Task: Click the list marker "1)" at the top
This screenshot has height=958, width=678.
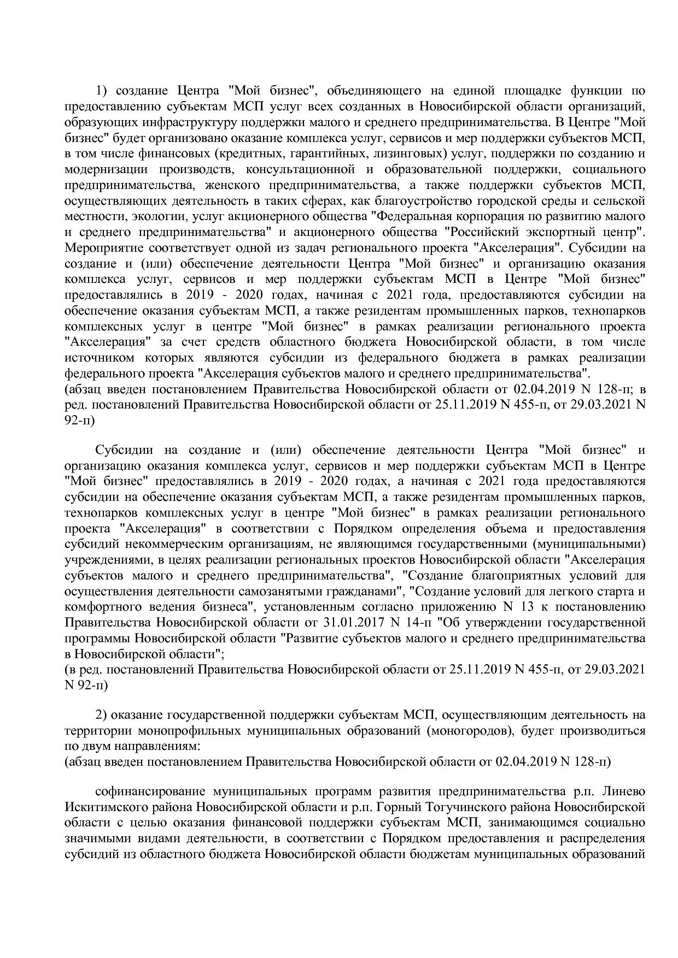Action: coord(104,90)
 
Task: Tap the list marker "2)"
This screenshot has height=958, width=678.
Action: coord(104,715)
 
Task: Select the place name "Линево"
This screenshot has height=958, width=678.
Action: coord(627,791)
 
